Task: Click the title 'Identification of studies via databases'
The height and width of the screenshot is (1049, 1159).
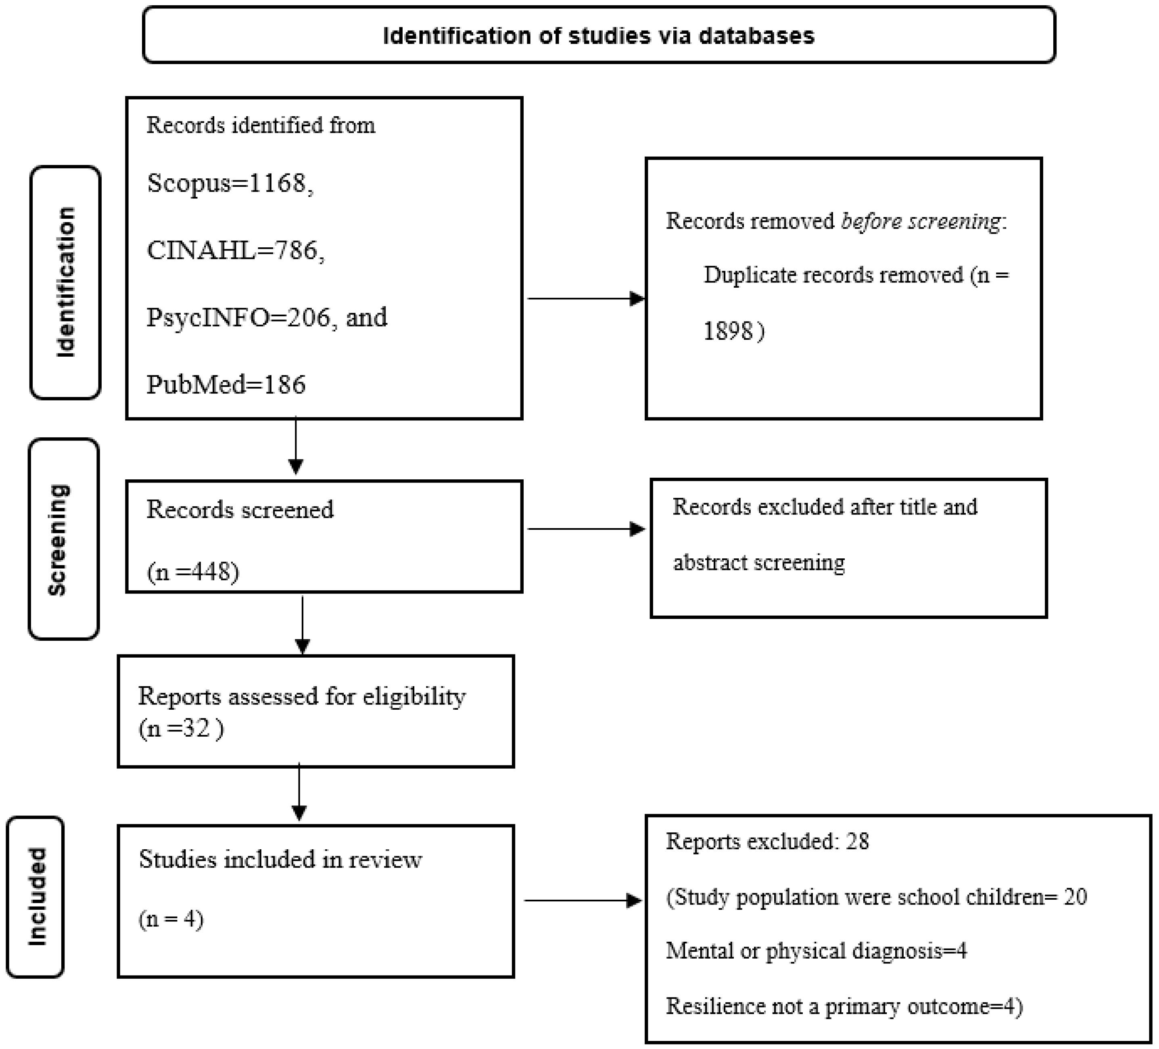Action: click(x=599, y=36)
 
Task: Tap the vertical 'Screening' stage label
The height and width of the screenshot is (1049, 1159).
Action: click(x=58, y=539)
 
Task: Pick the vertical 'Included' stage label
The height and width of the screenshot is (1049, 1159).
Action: click(x=37, y=896)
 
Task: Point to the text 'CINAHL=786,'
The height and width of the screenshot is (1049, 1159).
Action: click(x=236, y=251)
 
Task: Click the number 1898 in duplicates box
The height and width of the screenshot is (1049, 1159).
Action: click(x=728, y=331)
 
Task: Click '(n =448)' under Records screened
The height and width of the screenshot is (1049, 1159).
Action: click(x=192, y=572)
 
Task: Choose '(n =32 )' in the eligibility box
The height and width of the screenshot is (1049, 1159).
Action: click(x=181, y=729)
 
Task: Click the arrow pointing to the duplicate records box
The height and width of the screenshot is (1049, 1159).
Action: click(x=587, y=299)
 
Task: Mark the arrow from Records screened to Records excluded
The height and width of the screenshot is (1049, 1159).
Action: click(x=587, y=529)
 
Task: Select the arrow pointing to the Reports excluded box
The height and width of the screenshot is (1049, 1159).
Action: click(x=583, y=900)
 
